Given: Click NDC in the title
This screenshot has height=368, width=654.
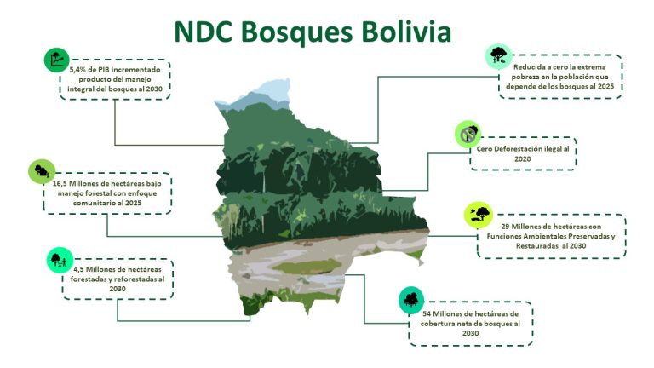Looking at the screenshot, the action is click(204, 32).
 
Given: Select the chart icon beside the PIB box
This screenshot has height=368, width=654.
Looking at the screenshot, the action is click(56, 60).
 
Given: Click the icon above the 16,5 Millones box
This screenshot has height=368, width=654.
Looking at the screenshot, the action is click(42, 171).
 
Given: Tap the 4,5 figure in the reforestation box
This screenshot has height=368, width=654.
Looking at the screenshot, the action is click(79, 269).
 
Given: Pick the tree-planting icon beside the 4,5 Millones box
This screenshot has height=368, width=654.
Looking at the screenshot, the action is click(60, 261).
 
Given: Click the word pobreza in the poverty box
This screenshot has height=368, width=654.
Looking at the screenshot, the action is click(525, 78).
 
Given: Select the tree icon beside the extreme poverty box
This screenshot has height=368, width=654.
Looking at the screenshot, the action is click(498, 56).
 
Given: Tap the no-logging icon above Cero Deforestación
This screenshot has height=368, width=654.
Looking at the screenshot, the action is click(468, 135).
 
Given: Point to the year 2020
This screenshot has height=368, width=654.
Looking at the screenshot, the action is click(523, 159).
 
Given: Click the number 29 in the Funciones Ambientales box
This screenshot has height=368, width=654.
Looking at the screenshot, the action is click(505, 227).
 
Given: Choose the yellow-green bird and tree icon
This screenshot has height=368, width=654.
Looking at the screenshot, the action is click(479, 216).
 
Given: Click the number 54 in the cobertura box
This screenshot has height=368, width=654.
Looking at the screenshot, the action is click(427, 313).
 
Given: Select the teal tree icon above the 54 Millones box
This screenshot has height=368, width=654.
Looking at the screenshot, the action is click(411, 300).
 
